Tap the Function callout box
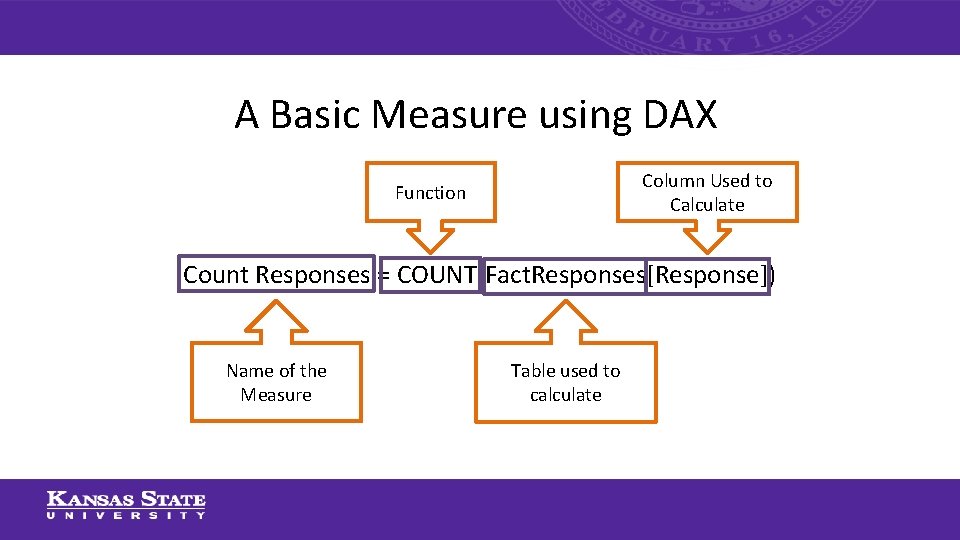pos(430,192)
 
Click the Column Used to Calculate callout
pos(707,192)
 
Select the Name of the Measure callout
pos(276,382)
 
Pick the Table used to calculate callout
pos(565,382)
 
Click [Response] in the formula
pos(707,275)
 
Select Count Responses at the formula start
pos(276,275)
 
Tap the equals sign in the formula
pos(383,275)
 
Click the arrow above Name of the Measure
pos(276,320)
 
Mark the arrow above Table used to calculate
pos(565,320)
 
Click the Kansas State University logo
pos(126,505)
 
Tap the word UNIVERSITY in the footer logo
pos(126,516)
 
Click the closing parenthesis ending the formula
pos(771,275)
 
